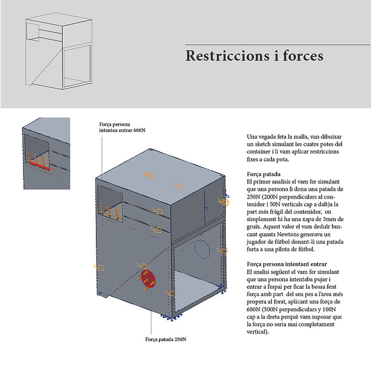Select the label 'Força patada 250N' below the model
point(166,339)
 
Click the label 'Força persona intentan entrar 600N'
point(122,127)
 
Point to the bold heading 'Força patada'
point(263,173)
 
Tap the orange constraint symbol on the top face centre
point(150,175)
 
